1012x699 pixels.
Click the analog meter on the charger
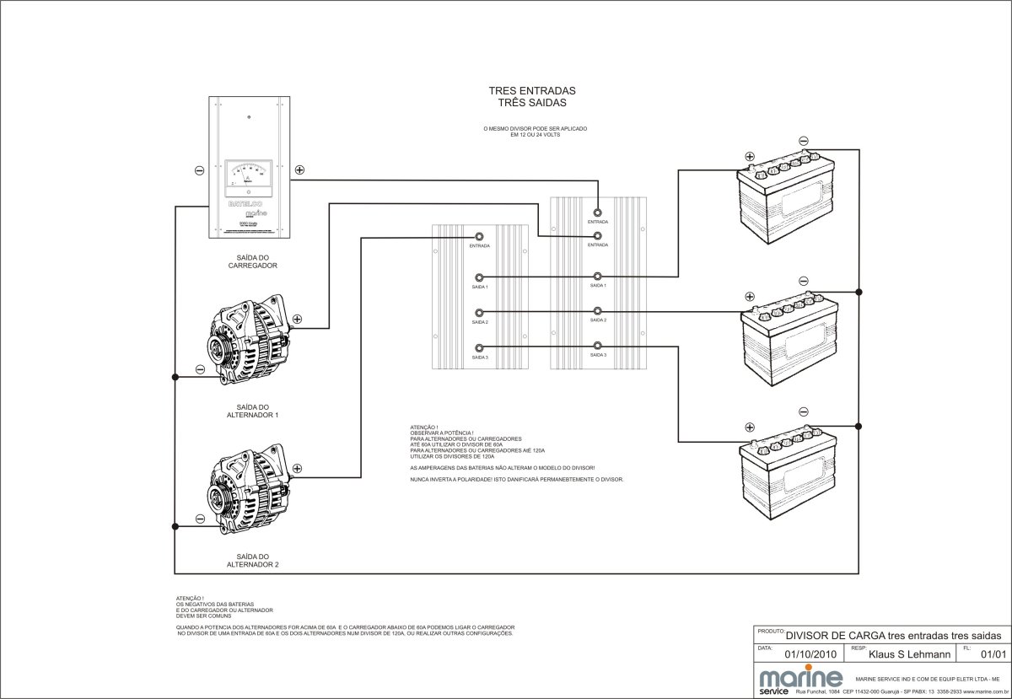(x=248, y=174)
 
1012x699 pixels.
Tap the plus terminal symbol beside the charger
(x=299, y=169)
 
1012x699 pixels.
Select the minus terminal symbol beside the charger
(x=199, y=169)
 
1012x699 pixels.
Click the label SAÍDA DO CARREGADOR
(x=253, y=261)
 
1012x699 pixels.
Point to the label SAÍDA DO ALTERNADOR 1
(x=253, y=411)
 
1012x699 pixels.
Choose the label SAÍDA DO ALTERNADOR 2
(x=253, y=561)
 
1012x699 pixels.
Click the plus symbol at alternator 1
(x=298, y=320)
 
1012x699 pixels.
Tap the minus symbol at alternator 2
(x=199, y=519)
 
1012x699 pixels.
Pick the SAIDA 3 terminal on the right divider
(x=598, y=346)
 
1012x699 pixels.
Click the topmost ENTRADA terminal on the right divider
(x=598, y=212)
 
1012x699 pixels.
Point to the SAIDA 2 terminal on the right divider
(x=598, y=311)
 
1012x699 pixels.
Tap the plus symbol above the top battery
(x=749, y=156)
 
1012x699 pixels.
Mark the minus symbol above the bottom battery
(x=803, y=411)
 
